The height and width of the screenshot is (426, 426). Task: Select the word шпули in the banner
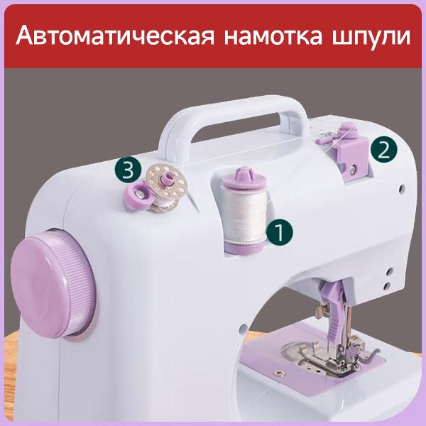pos(367,36)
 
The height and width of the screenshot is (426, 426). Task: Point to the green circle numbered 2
pos(383,149)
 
